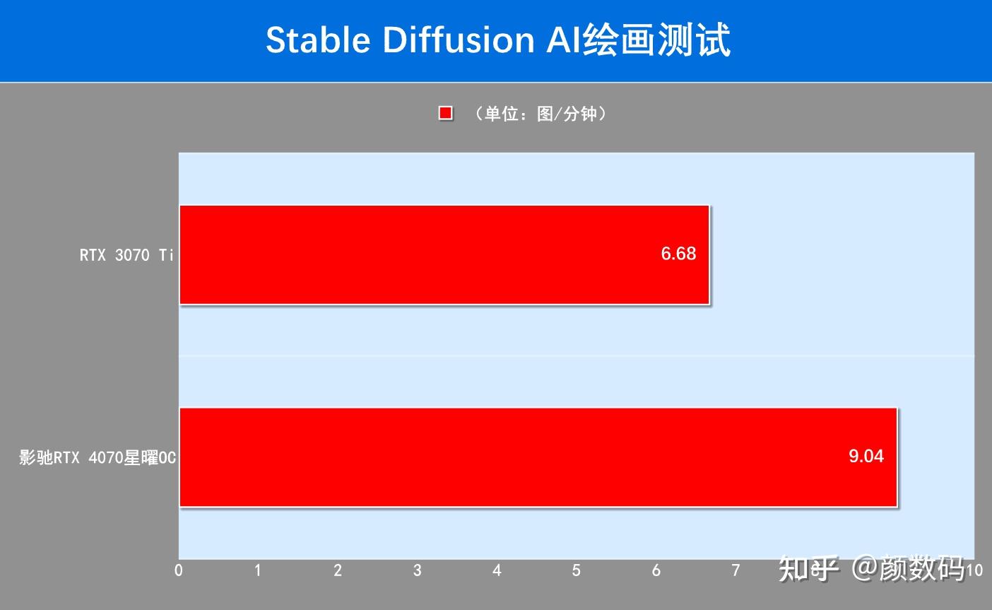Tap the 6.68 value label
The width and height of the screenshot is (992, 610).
pos(678,254)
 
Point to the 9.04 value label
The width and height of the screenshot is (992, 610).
pos(866,456)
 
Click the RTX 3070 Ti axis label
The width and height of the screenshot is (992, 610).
pos(126,255)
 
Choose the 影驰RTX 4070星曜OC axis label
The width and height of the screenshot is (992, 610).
pos(98,458)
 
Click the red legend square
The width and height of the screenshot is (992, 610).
pos(445,114)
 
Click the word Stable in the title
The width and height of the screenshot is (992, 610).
pos(318,40)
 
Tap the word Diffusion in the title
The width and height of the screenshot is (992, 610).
pos(459,40)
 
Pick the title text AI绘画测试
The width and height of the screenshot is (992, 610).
pos(637,40)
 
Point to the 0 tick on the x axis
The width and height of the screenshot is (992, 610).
pos(179,570)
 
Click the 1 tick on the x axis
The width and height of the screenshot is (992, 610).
pos(258,570)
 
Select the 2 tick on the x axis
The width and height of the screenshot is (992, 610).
pos(338,570)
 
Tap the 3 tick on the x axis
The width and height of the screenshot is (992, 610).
pos(418,570)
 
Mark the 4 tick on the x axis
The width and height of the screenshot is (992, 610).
pos(497,570)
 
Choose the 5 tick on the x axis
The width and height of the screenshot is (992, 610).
pos(577,570)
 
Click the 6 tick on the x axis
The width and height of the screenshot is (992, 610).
pos(656,570)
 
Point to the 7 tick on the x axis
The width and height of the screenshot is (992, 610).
pos(736,570)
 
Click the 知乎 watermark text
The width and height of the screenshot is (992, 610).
pos(808,568)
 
